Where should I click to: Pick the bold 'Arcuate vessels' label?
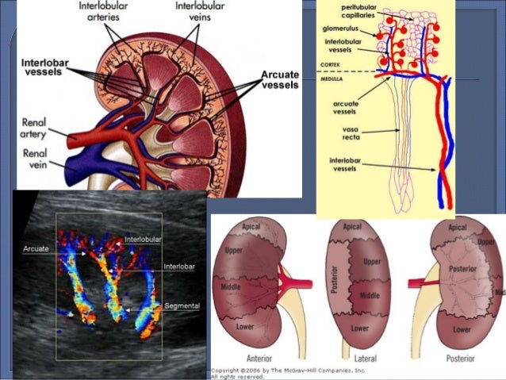(x=279, y=79)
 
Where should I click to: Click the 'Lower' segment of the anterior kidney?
(x=239, y=324)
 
